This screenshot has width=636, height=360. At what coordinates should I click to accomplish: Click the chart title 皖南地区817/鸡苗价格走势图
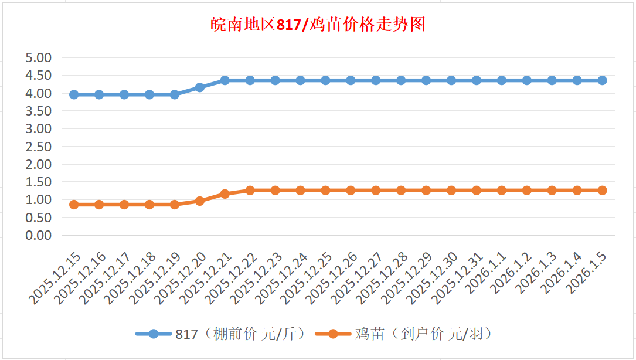[318, 25]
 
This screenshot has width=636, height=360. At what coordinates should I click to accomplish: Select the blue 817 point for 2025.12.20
[200, 87]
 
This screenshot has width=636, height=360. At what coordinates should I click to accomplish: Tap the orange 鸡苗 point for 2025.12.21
[225, 193]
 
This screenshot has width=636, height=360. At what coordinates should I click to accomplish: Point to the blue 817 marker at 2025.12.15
[74, 94]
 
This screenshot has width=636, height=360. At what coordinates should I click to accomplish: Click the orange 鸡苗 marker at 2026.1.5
[602, 191]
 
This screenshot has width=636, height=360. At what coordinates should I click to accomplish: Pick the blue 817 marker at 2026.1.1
[502, 80]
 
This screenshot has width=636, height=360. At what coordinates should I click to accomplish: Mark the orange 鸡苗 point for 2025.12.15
[74, 205]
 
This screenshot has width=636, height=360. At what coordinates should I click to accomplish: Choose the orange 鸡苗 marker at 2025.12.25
[326, 191]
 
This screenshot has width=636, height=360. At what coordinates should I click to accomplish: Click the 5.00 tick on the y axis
[39, 58]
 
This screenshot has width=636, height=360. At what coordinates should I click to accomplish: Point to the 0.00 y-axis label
[39, 235]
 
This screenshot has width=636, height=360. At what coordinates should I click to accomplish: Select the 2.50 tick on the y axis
[39, 147]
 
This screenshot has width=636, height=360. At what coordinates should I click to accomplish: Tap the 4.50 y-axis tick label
[39, 76]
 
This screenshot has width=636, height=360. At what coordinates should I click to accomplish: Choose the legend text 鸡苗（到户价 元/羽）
[423, 334]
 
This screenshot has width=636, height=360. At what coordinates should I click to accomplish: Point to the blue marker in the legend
[154, 334]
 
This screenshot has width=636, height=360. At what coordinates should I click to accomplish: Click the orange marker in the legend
[333, 334]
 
